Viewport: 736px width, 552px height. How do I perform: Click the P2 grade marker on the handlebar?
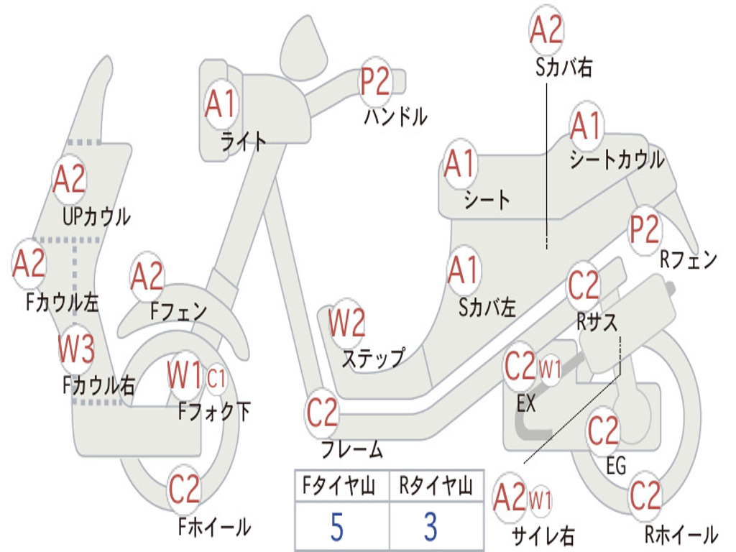(374, 83)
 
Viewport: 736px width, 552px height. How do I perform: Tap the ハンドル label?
(396, 116)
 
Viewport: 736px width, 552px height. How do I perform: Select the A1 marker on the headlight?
(220, 103)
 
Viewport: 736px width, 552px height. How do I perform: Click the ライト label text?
(243, 141)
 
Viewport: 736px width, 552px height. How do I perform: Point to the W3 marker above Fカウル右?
(76, 349)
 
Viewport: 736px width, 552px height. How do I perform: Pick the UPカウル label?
(96, 216)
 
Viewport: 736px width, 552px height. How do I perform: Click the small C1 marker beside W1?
(216, 378)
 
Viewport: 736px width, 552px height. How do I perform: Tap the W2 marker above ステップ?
(346, 323)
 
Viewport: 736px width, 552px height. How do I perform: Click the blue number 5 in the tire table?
(337, 527)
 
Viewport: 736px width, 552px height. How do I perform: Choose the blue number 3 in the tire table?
(431, 527)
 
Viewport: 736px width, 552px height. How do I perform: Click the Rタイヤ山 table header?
(436, 485)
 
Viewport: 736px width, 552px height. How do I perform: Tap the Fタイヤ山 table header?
(339, 485)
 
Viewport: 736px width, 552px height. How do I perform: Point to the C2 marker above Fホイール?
(185, 489)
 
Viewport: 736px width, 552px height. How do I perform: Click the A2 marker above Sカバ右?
(546, 29)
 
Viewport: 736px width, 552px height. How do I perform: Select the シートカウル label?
(617, 160)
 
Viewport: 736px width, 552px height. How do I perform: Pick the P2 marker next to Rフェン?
(645, 229)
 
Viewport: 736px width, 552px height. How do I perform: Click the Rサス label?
(597, 322)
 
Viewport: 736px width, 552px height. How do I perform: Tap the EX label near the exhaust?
(525, 402)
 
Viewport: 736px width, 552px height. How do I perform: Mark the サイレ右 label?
(543, 535)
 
